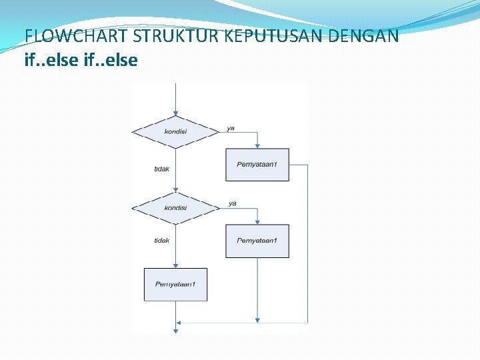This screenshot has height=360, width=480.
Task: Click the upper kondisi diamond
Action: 175,131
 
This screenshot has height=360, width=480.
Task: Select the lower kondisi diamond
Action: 175,208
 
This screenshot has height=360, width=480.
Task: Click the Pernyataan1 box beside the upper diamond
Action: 257,165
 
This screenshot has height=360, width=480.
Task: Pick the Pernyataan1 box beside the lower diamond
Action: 257,241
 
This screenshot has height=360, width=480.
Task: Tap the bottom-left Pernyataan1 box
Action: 175,285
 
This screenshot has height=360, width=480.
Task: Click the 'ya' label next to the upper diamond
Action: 231,128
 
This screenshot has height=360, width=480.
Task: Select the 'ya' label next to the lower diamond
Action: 232,203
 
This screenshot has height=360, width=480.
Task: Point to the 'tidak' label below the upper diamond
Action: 161,169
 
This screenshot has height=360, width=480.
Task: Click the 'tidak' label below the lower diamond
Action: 161,241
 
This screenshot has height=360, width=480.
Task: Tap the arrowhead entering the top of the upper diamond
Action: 175,112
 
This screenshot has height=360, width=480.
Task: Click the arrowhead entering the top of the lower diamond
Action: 175,189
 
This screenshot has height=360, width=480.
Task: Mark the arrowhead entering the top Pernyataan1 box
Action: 257,145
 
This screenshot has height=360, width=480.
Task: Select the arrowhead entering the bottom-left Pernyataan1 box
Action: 175,265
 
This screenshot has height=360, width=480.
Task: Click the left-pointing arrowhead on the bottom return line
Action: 180,323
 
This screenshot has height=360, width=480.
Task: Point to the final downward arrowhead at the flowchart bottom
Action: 175,329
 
